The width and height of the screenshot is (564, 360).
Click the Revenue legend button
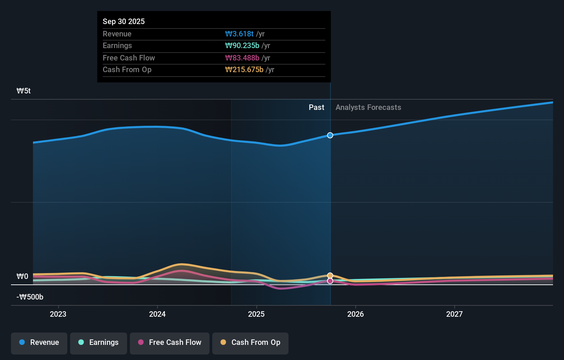click(x=39, y=343)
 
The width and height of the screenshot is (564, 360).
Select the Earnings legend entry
click(x=99, y=343)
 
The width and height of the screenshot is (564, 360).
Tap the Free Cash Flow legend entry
click(x=170, y=343)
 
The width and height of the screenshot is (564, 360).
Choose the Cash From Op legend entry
click(x=250, y=343)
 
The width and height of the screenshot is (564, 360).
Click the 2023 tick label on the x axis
click(x=58, y=314)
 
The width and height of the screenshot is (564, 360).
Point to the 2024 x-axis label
click(x=157, y=314)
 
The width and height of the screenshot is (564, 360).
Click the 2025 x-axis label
click(x=256, y=314)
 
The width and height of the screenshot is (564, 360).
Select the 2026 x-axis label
click(x=356, y=314)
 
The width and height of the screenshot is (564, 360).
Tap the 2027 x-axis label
click(x=454, y=314)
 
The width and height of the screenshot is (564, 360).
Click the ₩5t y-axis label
click(x=24, y=91)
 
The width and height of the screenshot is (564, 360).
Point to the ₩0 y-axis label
click(x=22, y=277)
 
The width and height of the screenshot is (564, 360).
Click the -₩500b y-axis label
click(x=30, y=297)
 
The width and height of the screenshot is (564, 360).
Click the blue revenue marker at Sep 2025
click(x=330, y=135)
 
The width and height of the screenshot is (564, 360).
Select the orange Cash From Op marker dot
click(x=330, y=275)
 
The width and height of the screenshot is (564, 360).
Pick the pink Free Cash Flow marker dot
click(x=330, y=281)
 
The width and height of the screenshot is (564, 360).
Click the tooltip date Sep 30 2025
click(x=124, y=22)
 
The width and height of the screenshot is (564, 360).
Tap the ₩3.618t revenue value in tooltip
click(x=239, y=34)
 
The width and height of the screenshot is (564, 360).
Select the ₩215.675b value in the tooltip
click(x=244, y=70)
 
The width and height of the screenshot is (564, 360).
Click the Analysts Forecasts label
click(x=368, y=108)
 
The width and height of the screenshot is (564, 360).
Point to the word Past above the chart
click(x=316, y=108)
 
